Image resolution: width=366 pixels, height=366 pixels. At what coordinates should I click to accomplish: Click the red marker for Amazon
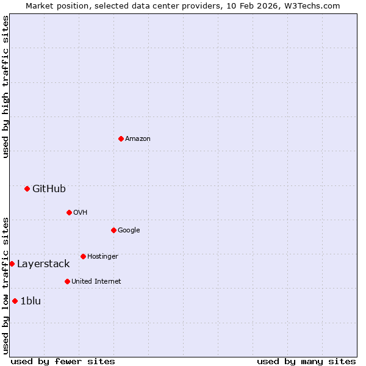click(121, 138)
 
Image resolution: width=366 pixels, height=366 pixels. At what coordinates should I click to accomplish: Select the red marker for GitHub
click(27, 188)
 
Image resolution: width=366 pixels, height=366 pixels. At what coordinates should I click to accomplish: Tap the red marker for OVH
click(69, 212)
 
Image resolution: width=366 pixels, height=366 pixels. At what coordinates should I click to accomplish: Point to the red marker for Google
click(113, 230)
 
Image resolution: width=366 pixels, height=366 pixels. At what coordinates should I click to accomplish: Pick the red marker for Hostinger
click(83, 256)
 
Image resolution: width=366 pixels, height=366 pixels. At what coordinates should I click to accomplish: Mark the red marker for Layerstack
click(12, 264)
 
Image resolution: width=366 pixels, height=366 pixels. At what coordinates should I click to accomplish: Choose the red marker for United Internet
click(67, 281)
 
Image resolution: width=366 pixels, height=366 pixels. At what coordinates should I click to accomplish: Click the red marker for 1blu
click(15, 301)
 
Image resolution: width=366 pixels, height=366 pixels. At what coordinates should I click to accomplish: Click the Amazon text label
click(138, 139)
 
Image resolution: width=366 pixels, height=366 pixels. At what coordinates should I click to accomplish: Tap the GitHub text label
click(49, 189)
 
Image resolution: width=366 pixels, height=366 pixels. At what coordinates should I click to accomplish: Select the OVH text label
click(81, 213)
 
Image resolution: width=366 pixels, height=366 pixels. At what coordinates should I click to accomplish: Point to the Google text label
click(129, 231)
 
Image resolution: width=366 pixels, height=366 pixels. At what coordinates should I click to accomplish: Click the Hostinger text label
click(102, 257)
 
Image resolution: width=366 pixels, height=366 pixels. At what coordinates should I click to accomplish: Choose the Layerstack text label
click(43, 264)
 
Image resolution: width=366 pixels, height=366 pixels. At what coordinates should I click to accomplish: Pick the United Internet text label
click(96, 282)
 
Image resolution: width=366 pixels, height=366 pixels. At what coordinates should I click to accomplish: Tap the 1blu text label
click(30, 301)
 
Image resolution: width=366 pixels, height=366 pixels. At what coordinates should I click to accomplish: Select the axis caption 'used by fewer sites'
click(63, 361)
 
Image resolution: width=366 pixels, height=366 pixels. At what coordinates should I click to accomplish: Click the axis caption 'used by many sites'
click(306, 361)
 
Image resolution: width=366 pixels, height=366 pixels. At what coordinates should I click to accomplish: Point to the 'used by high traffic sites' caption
click(5, 87)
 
